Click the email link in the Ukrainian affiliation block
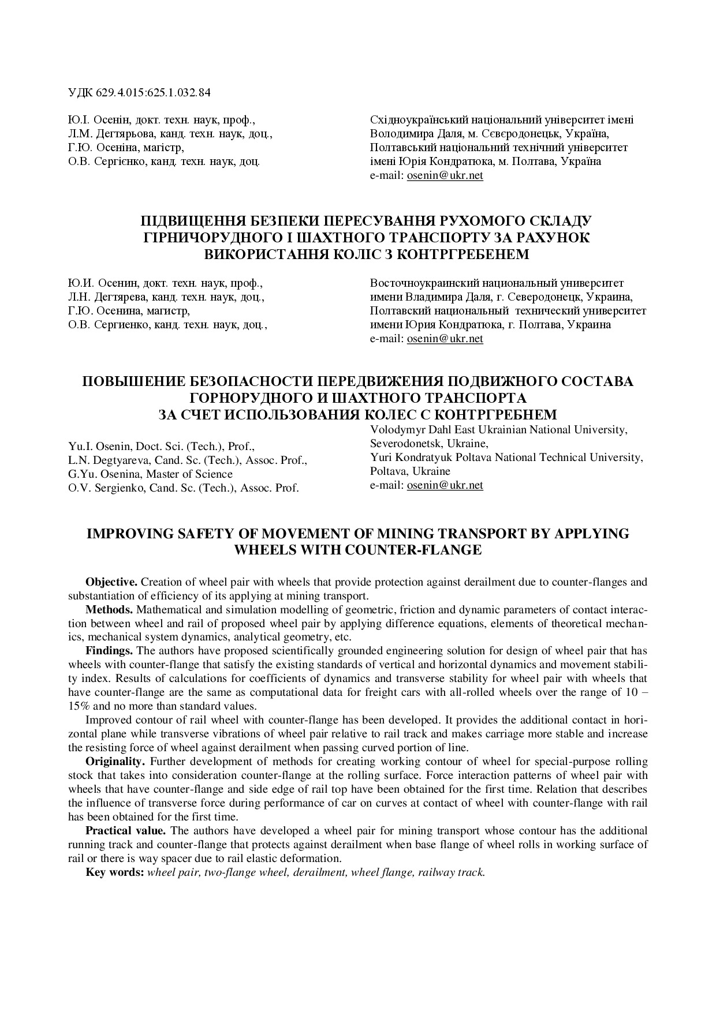tap(445, 175)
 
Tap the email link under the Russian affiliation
tap(445, 339)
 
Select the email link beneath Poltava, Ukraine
tap(445, 485)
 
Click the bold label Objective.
tap(111, 582)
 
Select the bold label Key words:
tap(115, 872)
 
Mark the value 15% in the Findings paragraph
tap(79, 706)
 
